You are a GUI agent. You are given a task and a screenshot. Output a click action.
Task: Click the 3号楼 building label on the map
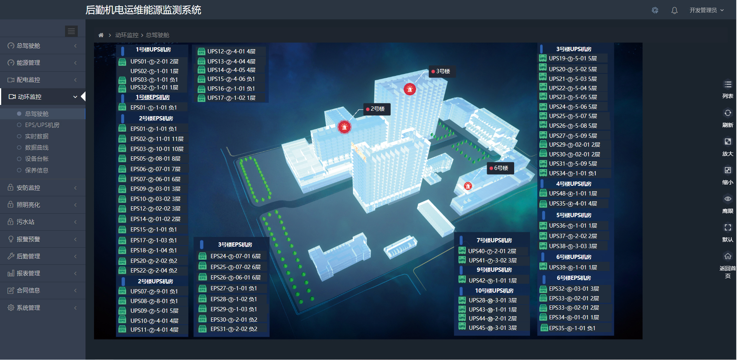click(442, 71)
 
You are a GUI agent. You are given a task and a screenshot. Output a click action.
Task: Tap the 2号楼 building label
click(377, 109)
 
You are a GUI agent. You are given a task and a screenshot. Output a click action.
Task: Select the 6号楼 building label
click(500, 168)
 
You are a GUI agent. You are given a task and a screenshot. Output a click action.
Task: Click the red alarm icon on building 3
click(410, 89)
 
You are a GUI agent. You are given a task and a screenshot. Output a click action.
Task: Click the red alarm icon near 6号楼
click(468, 186)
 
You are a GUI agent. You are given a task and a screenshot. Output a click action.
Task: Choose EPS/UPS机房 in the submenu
click(42, 125)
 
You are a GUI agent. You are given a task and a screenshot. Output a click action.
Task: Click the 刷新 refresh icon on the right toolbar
click(728, 113)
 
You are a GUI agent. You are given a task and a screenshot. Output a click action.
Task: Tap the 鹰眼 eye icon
click(728, 199)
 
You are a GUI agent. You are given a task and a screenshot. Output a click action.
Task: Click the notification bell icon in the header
click(674, 10)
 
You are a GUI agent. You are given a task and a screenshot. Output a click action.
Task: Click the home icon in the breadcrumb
click(101, 35)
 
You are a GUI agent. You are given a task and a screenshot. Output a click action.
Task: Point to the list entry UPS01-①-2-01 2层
click(154, 62)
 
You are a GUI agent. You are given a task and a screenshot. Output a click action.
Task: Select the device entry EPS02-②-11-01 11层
click(157, 139)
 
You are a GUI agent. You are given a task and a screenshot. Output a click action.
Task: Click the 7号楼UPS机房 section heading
click(494, 240)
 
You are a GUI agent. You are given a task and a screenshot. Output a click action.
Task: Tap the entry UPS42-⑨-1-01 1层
click(492, 281)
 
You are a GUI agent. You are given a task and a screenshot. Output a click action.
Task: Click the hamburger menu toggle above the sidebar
click(72, 31)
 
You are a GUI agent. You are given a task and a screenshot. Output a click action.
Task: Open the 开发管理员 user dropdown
click(706, 10)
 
